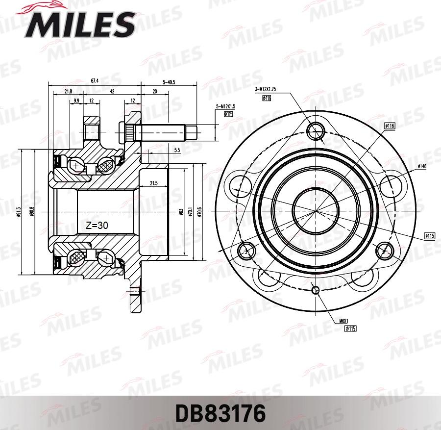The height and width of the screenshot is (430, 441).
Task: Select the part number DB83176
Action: pyautogui.click(x=220, y=413)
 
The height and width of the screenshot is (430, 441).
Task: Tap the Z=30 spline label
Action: pyautogui.click(x=96, y=226)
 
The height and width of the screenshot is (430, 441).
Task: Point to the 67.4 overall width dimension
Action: pyautogui.click(x=95, y=80)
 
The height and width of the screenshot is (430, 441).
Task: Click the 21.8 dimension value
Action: pyautogui.click(x=68, y=91)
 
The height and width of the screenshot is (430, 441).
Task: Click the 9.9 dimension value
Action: pyautogui.click(x=76, y=101)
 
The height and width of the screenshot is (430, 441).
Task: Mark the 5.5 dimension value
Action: pyautogui.click(x=177, y=150)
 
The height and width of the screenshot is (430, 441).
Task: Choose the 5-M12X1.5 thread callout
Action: pyautogui.click(x=225, y=106)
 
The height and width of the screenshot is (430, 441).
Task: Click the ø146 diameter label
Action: pyautogui.click(x=422, y=167)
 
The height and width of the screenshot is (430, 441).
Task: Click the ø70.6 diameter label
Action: pyautogui.click(x=198, y=211)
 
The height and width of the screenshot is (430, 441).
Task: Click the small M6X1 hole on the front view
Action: pyautogui.click(x=316, y=289)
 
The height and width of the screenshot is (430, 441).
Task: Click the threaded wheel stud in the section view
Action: pyautogui.click(x=162, y=131)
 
